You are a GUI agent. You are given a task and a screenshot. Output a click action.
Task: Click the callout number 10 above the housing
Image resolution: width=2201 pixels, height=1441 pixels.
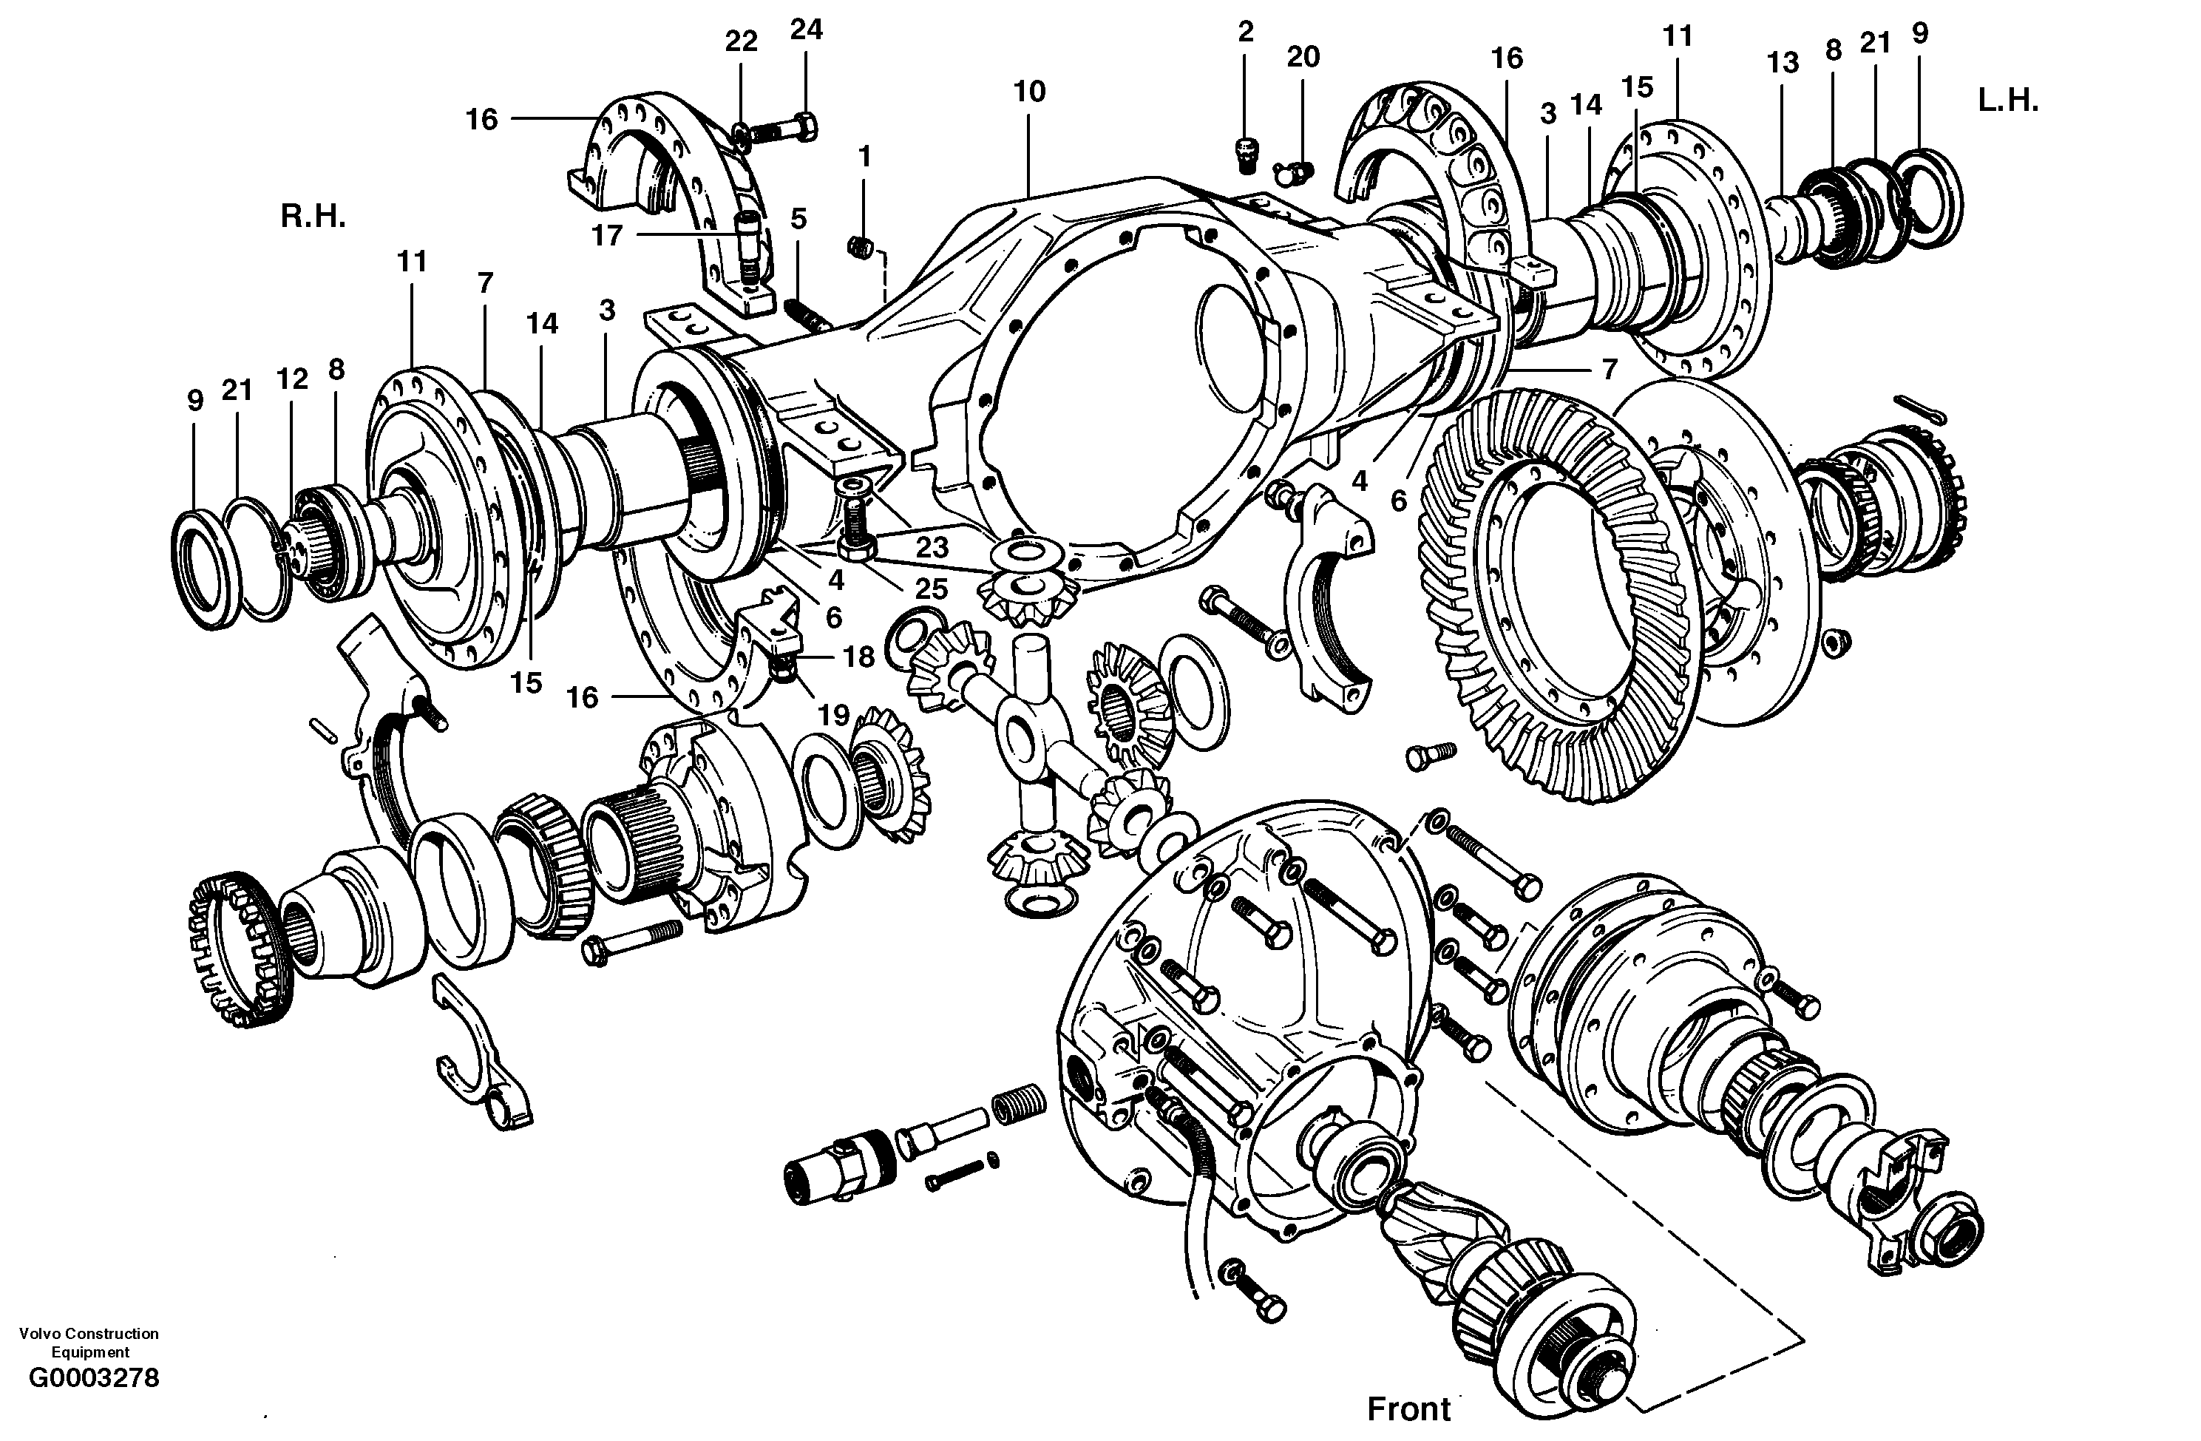click(1028, 92)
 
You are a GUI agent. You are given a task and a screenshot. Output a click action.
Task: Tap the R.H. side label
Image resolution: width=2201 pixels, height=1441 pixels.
click(313, 218)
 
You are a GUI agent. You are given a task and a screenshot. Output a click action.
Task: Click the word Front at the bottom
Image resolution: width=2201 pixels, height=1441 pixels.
click(1408, 1408)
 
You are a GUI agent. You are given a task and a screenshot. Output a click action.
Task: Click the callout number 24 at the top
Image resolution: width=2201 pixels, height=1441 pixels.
click(805, 30)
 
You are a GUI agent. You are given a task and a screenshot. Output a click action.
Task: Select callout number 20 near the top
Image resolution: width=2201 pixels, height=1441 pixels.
click(1303, 58)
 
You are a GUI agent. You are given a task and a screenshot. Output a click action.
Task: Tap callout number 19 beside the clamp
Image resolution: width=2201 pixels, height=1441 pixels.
click(833, 714)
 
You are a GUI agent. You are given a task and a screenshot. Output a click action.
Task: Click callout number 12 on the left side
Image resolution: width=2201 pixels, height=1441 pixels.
click(292, 379)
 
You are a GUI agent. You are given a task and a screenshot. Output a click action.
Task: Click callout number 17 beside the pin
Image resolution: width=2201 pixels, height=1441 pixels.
click(607, 236)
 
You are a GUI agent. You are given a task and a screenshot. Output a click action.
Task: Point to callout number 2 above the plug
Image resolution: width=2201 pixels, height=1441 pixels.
click(1245, 33)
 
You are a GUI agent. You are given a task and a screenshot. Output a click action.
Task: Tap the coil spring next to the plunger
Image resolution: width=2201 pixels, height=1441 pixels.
click(1018, 1106)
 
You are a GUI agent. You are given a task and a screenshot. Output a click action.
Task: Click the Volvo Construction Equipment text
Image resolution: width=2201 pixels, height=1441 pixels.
click(89, 1342)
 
